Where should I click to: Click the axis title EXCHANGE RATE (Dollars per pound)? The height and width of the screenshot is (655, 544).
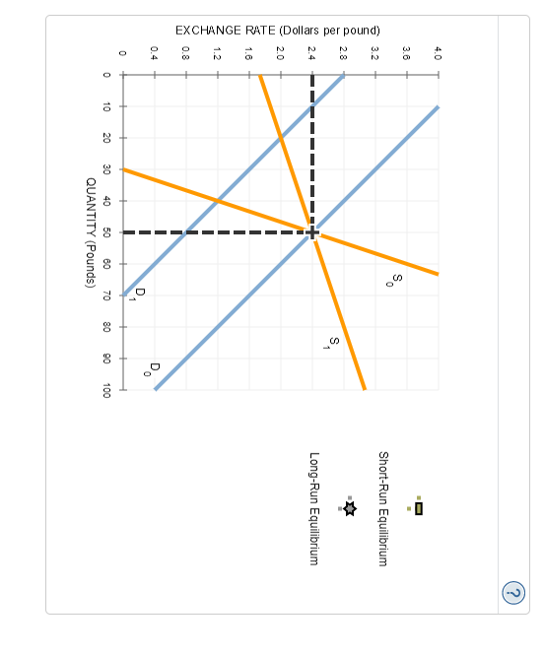click(278, 31)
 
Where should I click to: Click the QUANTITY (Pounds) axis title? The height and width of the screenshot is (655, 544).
click(91, 232)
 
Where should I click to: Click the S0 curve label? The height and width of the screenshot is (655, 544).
click(394, 281)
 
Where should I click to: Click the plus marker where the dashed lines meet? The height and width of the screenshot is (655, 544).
click(312, 232)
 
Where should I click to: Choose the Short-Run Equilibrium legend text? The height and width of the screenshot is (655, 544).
click(382, 508)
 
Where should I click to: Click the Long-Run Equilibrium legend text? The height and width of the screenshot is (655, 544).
click(313, 508)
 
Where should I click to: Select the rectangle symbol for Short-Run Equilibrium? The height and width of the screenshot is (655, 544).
click(419, 508)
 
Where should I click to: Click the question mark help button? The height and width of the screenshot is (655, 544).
click(513, 593)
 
